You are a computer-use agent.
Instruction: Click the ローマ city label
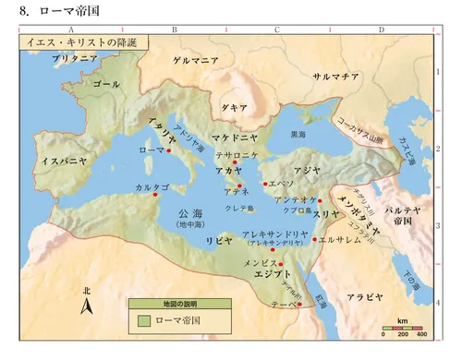150,150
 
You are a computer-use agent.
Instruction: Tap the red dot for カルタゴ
156,194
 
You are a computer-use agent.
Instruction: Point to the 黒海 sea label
298,135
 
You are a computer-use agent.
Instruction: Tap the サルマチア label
335,77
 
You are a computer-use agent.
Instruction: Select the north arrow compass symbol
87,304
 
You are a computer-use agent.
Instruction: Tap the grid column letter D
382,30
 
